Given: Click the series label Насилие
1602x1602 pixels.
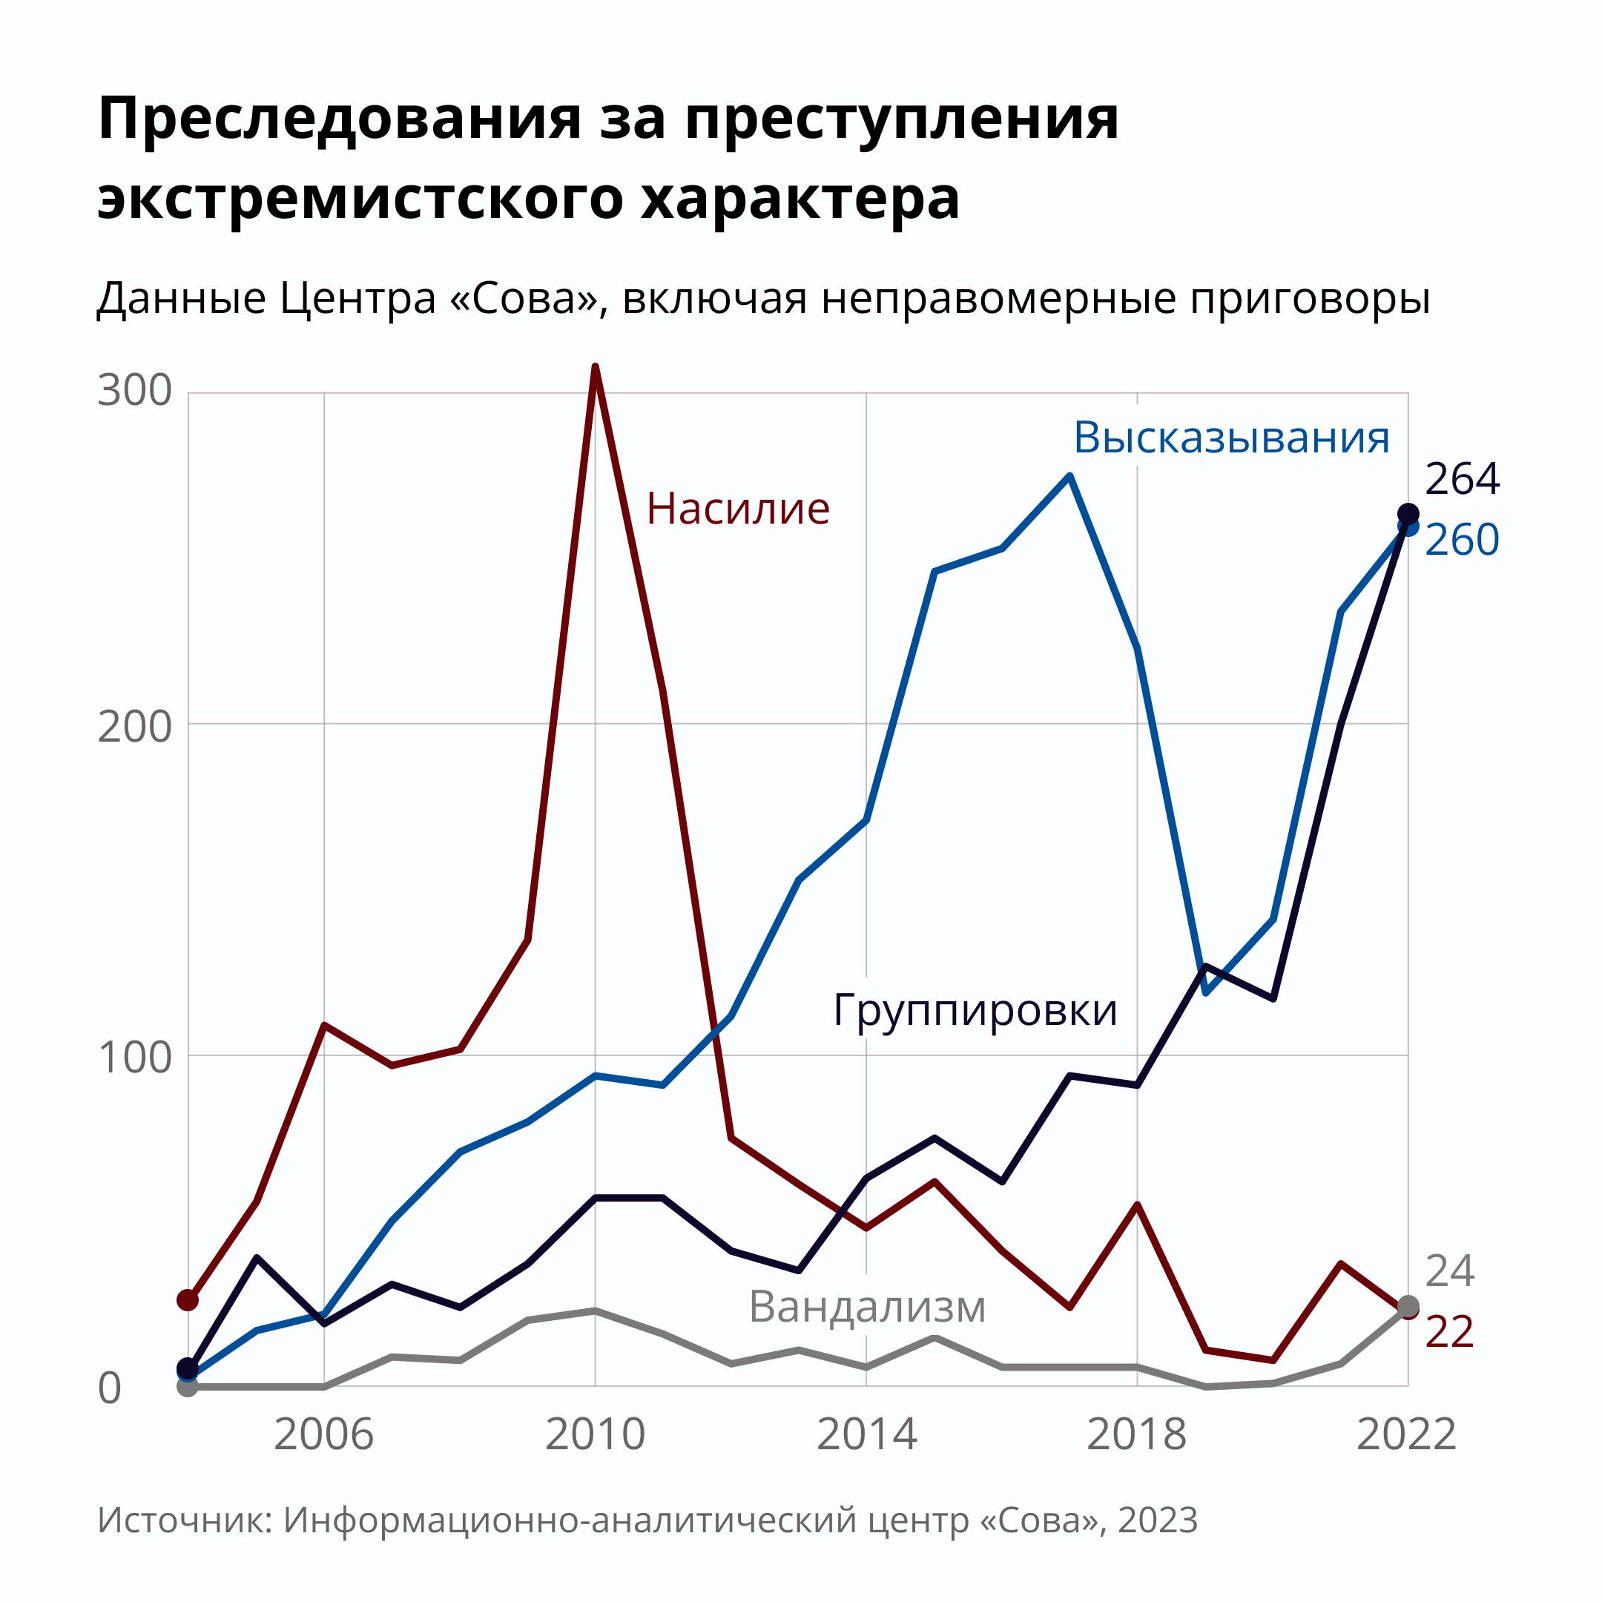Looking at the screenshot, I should point(738,508).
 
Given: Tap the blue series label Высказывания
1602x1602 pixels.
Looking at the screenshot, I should point(1231,437).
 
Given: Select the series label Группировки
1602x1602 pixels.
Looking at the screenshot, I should point(975,1010).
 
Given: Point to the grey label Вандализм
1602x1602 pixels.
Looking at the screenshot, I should point(867,1307).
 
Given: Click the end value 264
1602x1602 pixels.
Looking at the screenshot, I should point(1462,479).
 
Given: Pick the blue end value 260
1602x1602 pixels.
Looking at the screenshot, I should point(1462,540).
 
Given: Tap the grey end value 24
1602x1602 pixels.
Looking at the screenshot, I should point(1449,1272).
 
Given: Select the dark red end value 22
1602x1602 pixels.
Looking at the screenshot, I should point(1449,1333).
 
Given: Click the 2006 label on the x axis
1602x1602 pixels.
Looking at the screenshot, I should point(323,1435).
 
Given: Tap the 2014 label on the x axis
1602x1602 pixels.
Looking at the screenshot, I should point(866,1435).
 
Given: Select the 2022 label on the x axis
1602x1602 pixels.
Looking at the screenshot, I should point(1406,1435).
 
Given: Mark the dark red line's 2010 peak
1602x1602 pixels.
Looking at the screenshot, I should point(596,367).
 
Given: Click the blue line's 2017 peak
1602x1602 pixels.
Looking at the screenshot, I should point(1069,477).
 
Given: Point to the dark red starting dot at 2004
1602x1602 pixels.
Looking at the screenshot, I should point(188,1299).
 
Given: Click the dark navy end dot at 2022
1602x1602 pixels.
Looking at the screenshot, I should point(1408,513).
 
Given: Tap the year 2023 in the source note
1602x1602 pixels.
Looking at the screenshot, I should point(1158,1520).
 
